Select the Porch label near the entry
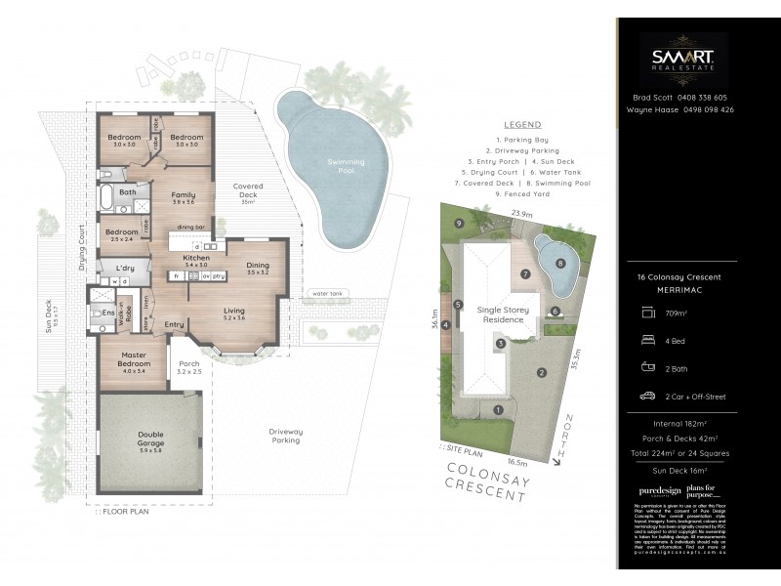point(188,367)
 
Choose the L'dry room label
point(124,268)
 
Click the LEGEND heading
point(522,125)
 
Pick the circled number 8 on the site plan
point(559,263)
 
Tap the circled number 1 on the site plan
point(497,409)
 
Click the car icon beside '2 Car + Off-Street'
point(646,397)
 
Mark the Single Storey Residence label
point(501,315)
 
